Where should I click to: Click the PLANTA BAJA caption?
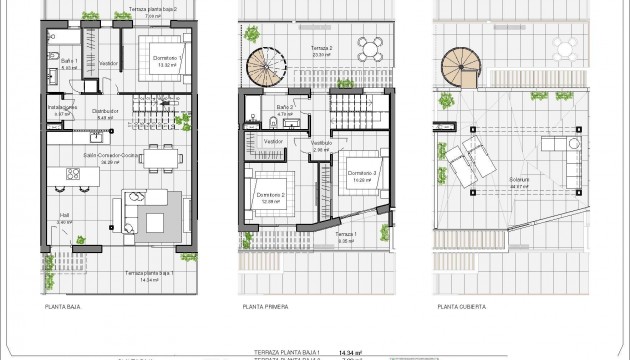coord(62,308)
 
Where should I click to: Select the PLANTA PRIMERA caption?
coord(262,308)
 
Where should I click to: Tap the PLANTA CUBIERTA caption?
coord(457,308)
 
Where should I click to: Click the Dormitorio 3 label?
coord(362,172)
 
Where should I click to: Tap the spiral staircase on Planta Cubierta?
coord(462,66)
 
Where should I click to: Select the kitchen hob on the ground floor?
coord(75,174)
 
